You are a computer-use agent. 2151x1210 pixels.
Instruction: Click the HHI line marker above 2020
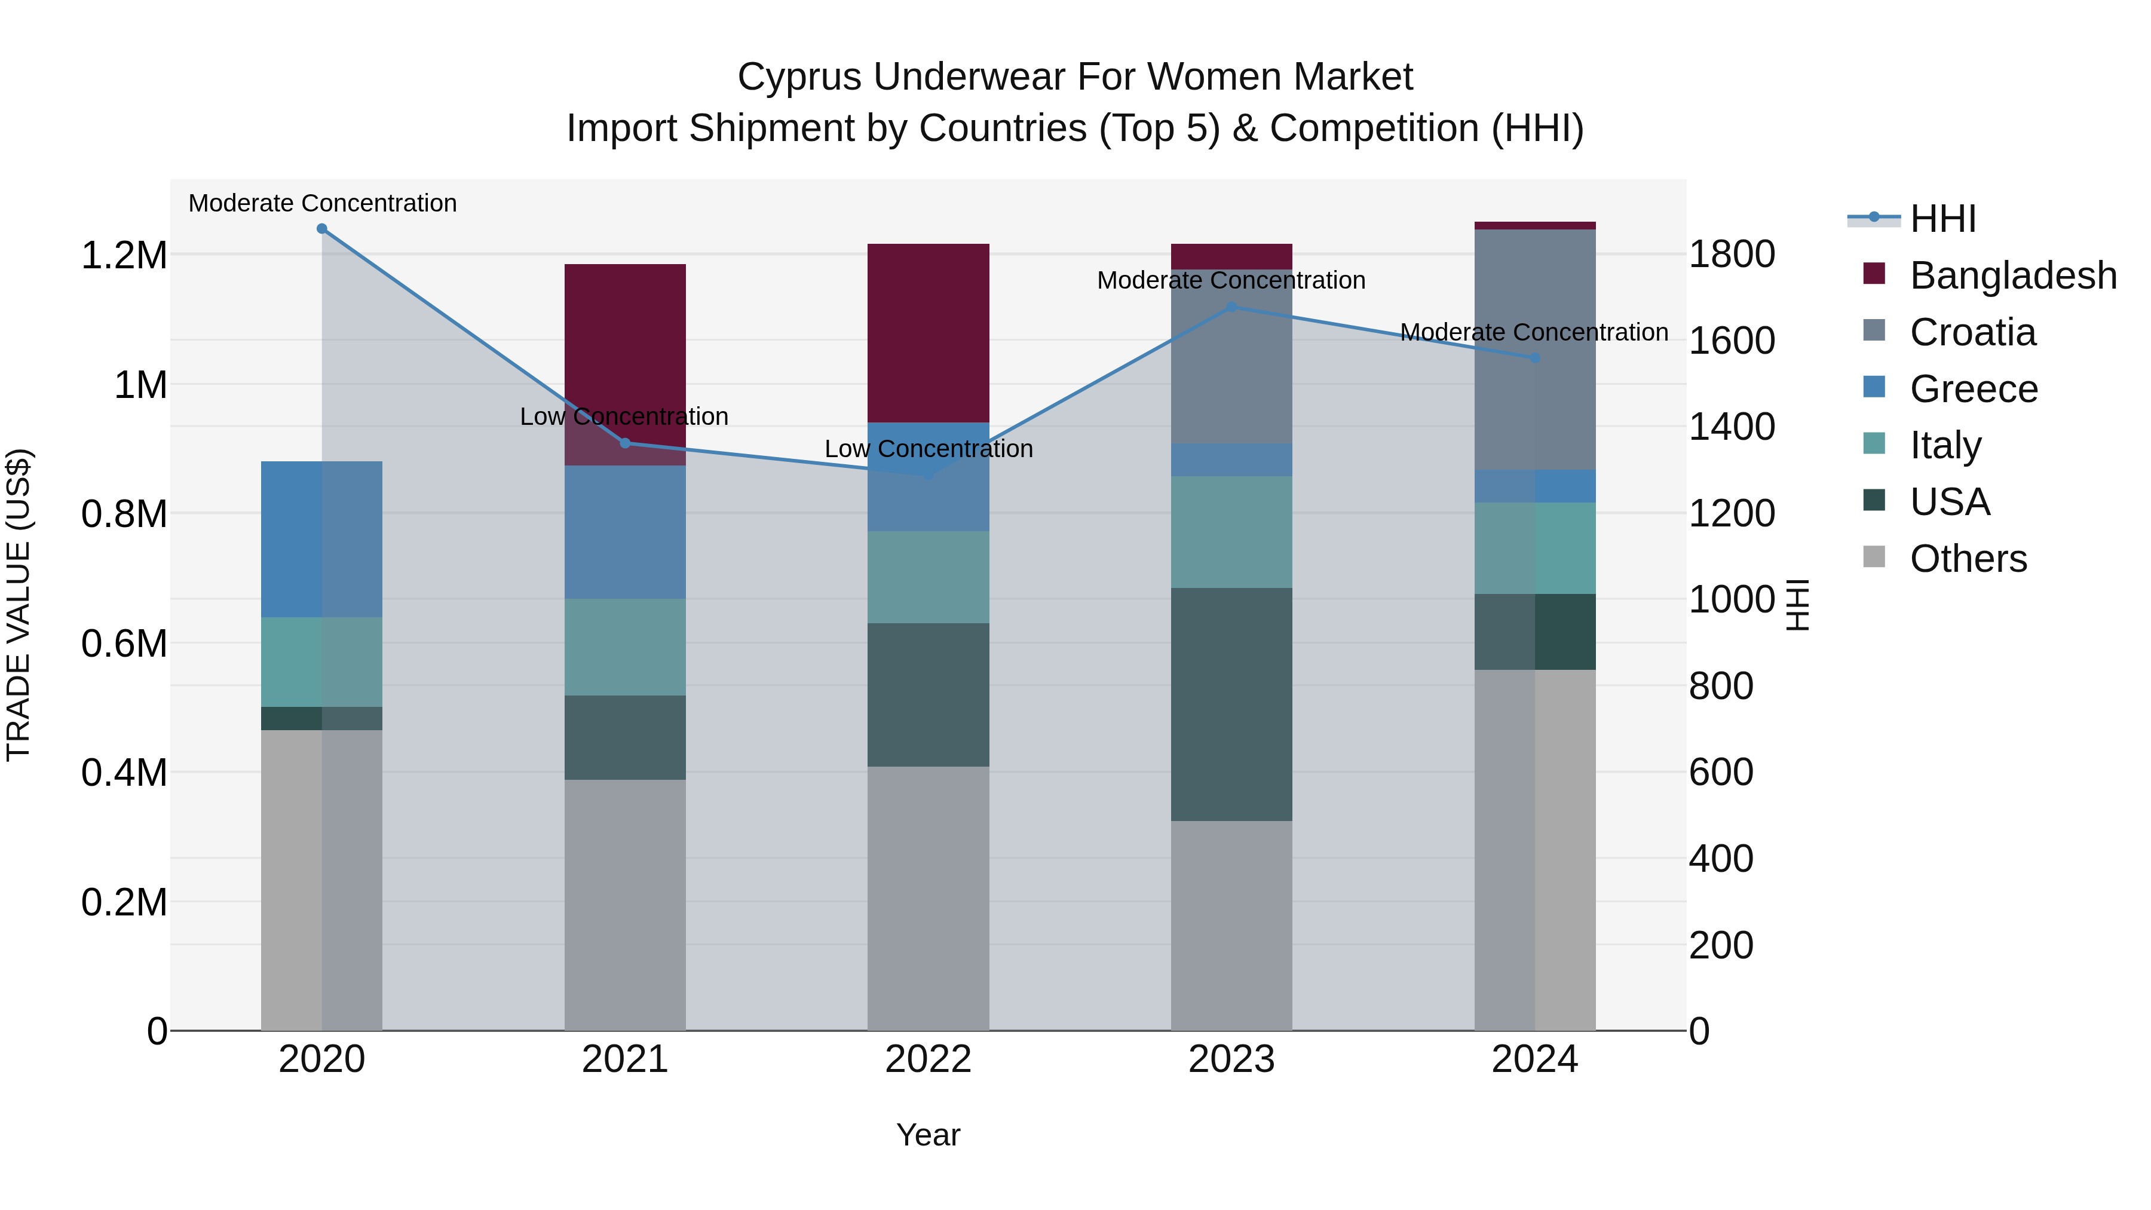click(x=321, y=229)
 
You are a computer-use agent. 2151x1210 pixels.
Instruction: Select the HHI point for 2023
click(x=1231, y=307)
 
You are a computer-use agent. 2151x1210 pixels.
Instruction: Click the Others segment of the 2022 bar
click(x=928, y=897)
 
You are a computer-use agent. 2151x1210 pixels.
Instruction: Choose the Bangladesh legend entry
click(x=2012, y=275)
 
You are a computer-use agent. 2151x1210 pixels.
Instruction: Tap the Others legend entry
click(x=1968, y=559)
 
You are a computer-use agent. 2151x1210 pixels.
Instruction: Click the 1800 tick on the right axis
click(x=1732, y=254)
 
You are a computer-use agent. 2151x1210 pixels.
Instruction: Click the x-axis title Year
click(x=928, y=1135)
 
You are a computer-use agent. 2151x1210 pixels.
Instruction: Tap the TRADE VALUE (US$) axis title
click(x=19, y=605)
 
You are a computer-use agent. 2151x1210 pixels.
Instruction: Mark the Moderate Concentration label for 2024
click(x=1533, y=332)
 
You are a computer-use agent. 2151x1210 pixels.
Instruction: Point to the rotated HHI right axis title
click(x=1797, y=605)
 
